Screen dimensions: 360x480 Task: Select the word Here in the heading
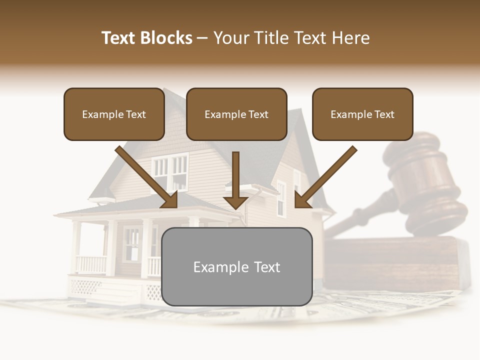[350, 38]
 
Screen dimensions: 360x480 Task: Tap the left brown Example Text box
[114, 114]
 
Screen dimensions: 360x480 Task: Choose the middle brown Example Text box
[236, 114]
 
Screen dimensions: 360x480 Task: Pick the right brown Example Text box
[362, 114]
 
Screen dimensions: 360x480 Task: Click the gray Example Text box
[236, 266]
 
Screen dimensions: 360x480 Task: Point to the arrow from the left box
[147, 177]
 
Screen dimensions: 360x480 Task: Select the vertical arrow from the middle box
[235, 180]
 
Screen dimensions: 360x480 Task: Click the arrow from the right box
[325, 177]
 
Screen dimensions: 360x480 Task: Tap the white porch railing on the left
[91, 264]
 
